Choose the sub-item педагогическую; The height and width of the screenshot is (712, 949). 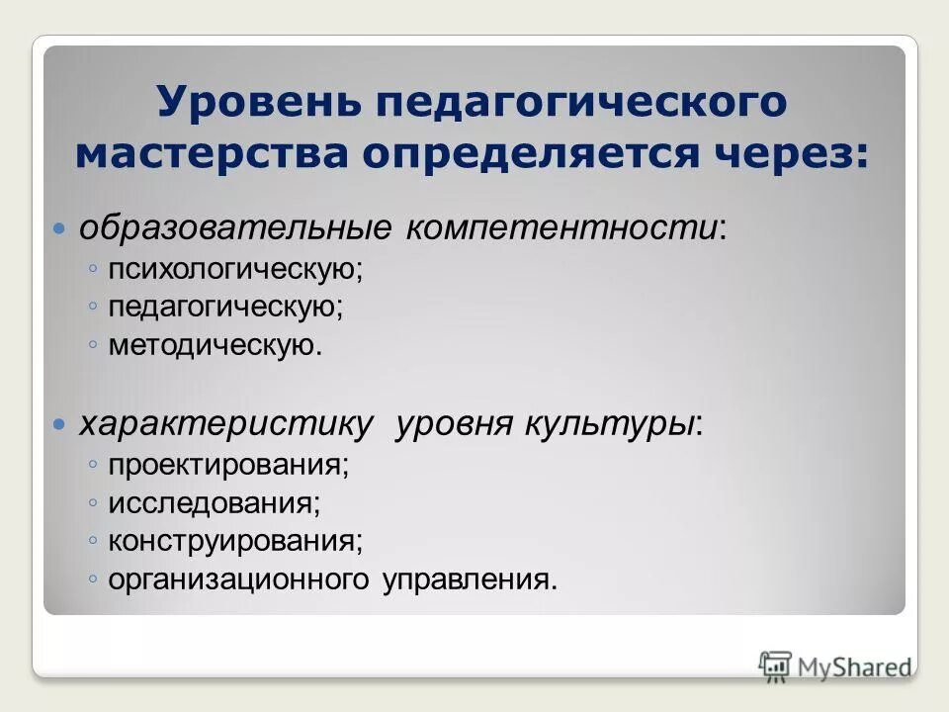pyautogui.click(x=226, y=307)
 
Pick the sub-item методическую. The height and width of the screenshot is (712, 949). pyautogui.click(x=216, y=345)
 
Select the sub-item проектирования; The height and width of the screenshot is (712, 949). pyautogui.click(x=229, y=463)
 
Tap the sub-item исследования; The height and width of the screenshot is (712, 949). pyautogui.click(x=215, y=501)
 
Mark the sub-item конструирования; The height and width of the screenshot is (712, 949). pyautogui.click(x=235, y=540)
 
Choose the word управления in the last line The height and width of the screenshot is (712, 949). pyautogui.click(x=470, y=579)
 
